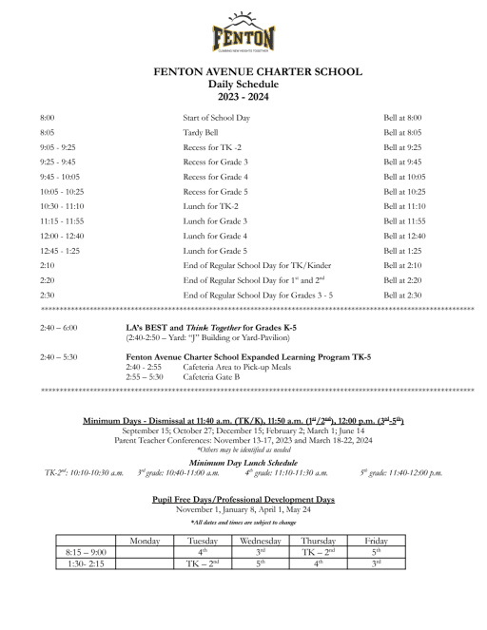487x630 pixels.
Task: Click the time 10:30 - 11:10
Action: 62,206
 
